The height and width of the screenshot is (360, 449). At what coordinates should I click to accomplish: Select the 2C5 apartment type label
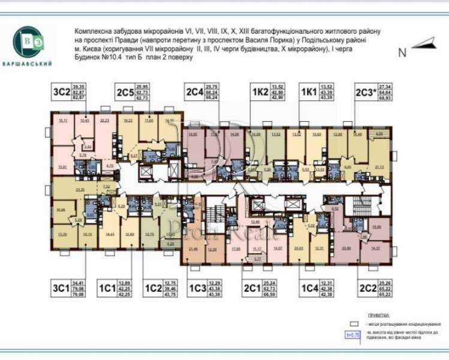tap(125, 92)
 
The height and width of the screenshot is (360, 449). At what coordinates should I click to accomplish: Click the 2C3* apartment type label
tap(366, 92)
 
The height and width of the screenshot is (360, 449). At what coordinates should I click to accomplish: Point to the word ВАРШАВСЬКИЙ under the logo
tap(28, 64)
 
